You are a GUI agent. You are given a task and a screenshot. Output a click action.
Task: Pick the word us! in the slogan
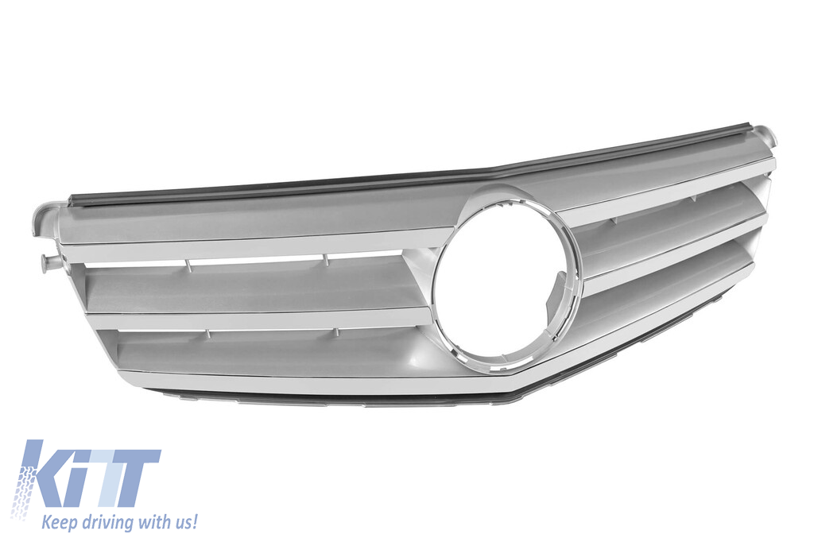(184, 521)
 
